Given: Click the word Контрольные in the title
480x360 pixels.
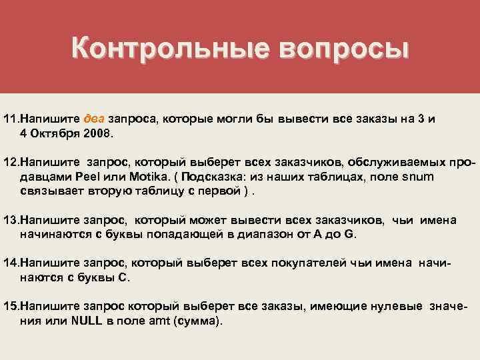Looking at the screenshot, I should tap(167, 48).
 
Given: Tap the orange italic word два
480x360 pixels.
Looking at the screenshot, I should tap(93, 119).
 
